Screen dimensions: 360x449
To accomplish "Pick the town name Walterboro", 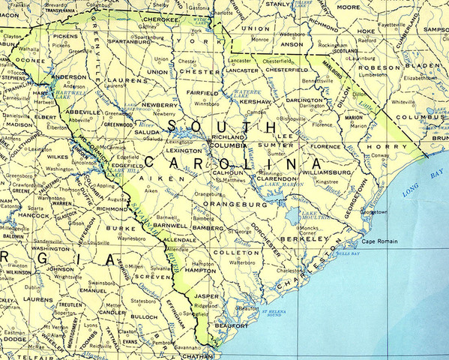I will pos(242,263).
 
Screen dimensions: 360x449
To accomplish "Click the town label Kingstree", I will pos(326,181).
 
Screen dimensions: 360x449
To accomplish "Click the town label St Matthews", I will pos(233,181).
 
